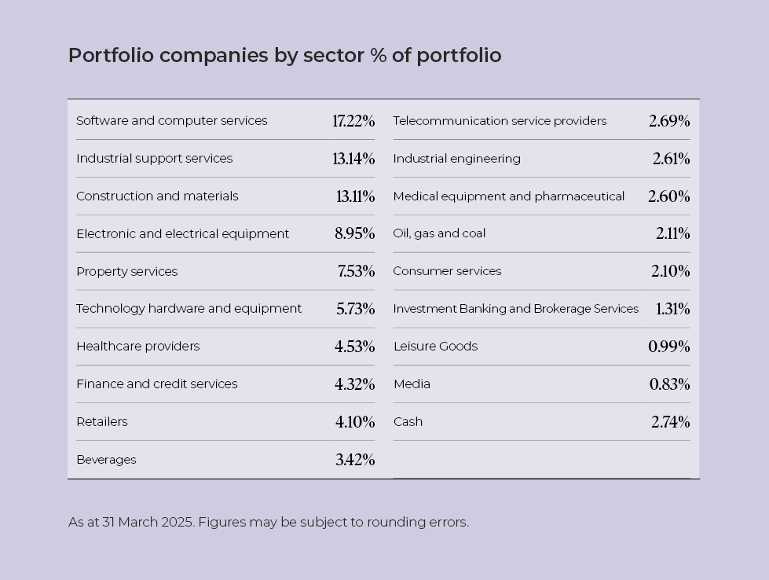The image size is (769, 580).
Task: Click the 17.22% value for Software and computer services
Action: tap(353, 121)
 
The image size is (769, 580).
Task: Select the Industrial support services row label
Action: tap(154, 159)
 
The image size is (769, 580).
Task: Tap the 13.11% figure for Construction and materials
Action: tap(355, 196)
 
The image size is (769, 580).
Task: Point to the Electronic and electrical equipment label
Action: tap(182, 234)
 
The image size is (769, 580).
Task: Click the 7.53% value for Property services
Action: tap(356, 271)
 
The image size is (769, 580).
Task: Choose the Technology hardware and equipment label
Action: tap(189, 309)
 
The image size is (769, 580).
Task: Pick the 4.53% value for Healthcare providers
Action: tap(354, 347)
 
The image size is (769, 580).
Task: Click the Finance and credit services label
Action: tap(156, 384)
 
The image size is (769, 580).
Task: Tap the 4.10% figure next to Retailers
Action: tap(354, 422)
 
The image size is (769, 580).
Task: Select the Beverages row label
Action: tap(106, 460)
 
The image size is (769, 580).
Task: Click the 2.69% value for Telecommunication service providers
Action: tap(669, 121)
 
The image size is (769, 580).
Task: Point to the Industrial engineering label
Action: tap(456, 159)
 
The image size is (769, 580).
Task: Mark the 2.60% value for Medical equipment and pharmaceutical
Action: tap(668, 196)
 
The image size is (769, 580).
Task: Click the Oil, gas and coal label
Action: tap(439, 233)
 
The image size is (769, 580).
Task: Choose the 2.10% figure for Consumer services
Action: tap(670, 271)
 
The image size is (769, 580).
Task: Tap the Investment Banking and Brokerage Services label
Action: tap(515, 309)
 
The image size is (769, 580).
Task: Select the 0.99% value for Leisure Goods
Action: tap(668, 347)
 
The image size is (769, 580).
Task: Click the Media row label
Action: tap(412, 384)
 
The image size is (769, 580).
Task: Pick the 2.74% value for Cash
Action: tap(670, 422)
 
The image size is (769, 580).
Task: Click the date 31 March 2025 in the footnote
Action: tap(147, 522)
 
